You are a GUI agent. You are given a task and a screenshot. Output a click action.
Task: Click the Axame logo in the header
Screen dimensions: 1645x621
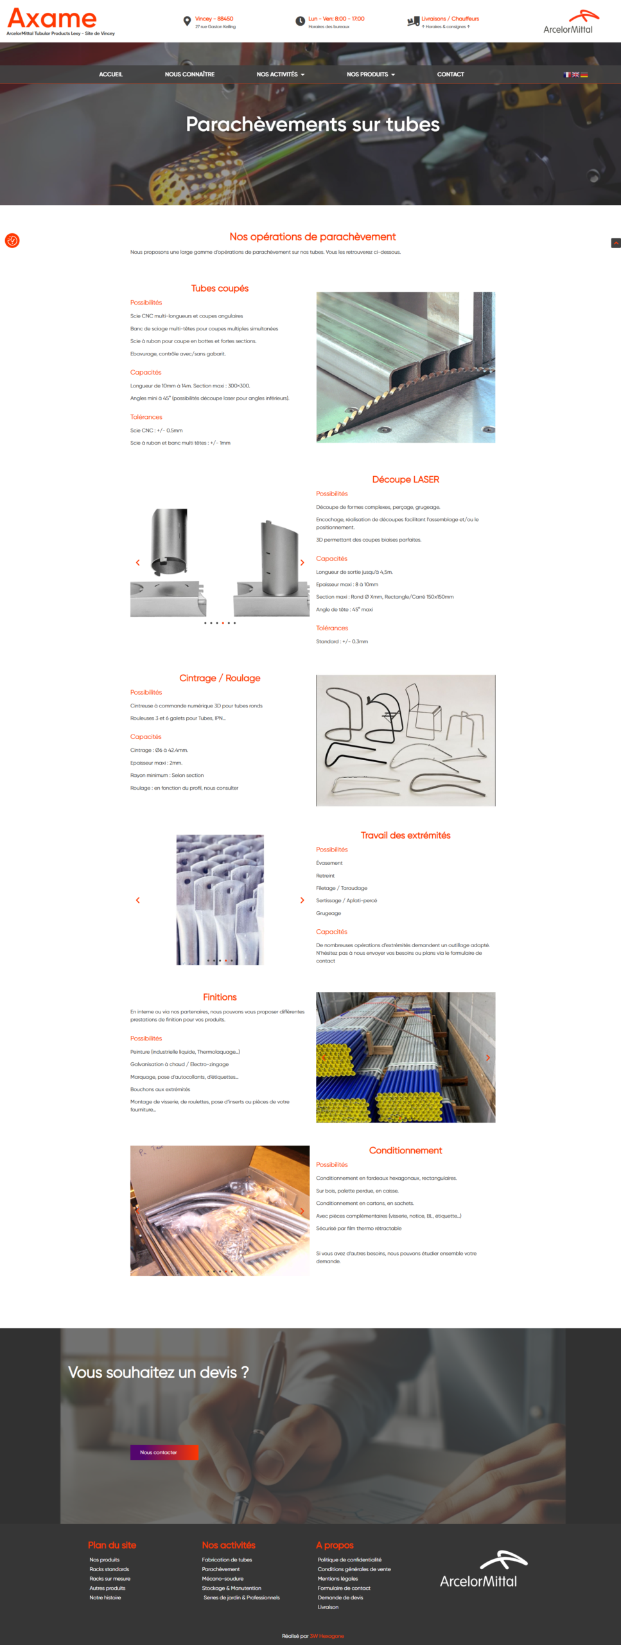click(52, 19)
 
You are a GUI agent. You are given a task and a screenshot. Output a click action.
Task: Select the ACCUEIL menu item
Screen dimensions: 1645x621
click(110, 75)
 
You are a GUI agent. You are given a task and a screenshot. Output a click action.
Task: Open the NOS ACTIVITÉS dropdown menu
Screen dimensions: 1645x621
click(280, 75)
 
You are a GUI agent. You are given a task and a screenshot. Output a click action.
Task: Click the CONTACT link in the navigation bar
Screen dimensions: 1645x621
click(450, 75)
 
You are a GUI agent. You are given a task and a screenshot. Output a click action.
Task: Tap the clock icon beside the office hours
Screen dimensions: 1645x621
click(300, 21)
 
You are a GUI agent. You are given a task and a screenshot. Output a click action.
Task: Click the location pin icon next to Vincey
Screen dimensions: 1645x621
click(187, 21)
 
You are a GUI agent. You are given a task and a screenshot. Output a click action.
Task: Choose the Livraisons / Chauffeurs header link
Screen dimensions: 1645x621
click(450, 19)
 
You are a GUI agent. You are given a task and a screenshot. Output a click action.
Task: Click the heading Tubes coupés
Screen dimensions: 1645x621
click(220, 289)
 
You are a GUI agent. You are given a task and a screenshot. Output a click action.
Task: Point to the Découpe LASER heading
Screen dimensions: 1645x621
click(405, 479)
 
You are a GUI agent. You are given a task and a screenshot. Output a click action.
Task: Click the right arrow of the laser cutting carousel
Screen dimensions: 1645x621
click(302, 562)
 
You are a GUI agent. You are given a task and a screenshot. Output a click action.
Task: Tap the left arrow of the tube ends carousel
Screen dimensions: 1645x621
click(137, 900)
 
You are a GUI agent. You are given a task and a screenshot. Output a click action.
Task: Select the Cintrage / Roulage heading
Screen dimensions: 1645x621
click(220, 678)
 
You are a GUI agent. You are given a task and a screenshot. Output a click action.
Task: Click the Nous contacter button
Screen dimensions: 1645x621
click(164, 1452)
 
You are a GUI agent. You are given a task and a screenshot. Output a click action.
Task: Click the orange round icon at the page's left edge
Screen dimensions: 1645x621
click(12, 240)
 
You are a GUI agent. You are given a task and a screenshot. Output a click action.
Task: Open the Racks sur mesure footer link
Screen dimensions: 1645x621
click(110, 1579)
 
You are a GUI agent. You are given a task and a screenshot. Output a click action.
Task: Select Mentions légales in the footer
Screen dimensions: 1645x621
click(338, 1579)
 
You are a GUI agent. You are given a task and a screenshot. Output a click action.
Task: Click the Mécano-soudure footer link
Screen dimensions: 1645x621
click(223, 1579)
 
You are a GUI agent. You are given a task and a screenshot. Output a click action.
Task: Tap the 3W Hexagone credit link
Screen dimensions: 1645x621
click(327, 1636)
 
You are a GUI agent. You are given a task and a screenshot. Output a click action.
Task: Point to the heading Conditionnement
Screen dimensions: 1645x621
click(405, 1150)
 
